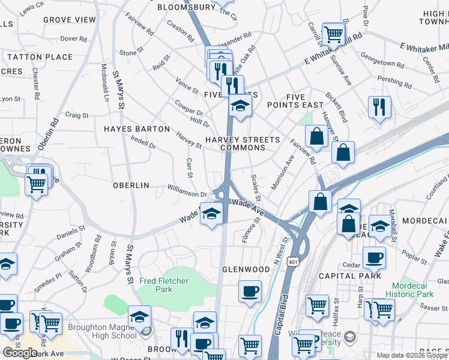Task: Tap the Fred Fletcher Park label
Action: (x=164, y=285)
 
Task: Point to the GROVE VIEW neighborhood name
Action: (x=70, y=20)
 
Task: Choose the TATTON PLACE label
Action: (x=40, y=57)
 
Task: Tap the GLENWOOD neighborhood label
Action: (x=246, y=269)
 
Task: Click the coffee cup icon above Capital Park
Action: (x=374, y=258)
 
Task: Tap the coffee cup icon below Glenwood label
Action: (x=250, y=292)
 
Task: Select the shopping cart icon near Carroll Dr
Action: (x=334, y=34)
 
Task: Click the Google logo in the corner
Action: (x=20, y=352)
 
